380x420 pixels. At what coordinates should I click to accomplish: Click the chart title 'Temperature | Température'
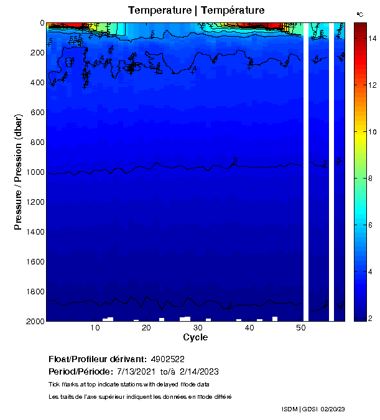(x=196, y=10)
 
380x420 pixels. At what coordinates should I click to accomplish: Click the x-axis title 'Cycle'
(x=195, y=337)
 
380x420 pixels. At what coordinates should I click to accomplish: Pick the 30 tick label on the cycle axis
(x=198, y=328)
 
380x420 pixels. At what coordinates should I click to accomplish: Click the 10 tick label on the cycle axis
(x=96, y=328)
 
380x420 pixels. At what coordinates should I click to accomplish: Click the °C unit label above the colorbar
(x=359, y=13)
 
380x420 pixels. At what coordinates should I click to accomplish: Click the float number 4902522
(x=167, y=359)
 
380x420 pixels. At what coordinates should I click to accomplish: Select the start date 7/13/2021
(x=137, y=371)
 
